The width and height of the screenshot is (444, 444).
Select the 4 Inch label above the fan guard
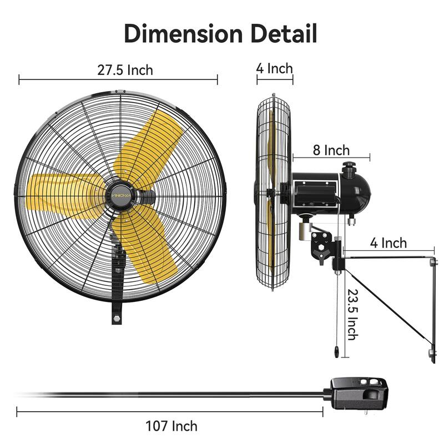274,68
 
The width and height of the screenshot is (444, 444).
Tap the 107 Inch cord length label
171,426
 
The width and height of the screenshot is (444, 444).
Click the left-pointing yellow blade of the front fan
61,189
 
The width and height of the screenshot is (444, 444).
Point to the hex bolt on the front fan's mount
118,319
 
